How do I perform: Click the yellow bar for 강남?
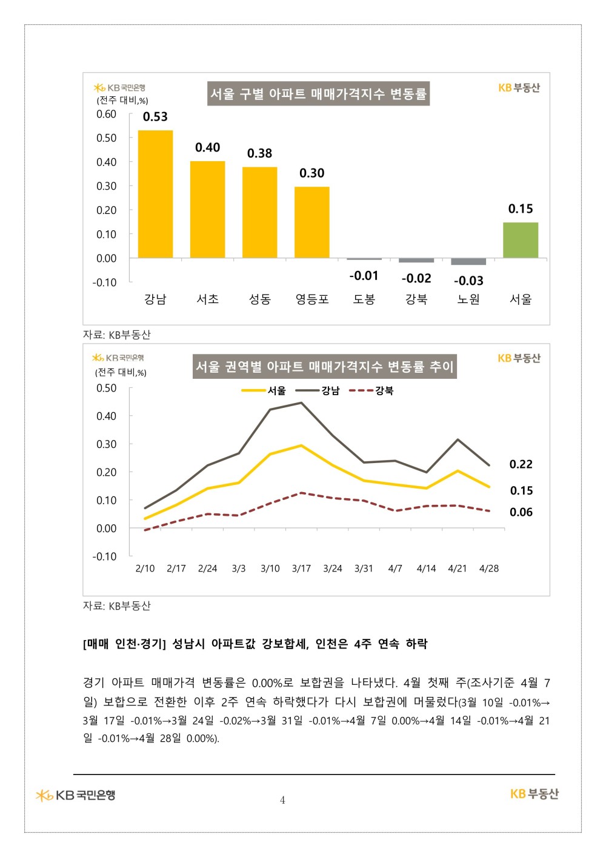click(155, 194)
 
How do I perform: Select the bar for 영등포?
click(311, 222)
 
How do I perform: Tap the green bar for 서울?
click(520, 240)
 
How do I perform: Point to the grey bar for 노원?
click(468, 261)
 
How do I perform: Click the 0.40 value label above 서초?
click(207, 147)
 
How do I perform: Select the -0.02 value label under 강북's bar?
click(416, 278)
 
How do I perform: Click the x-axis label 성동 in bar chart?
click(259, 299)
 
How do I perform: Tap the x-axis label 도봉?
click(364, 299)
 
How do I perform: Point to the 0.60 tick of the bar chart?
click(106, 114)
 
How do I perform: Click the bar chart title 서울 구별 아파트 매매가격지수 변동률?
click(318, 93)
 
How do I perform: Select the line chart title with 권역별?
click(324, 366)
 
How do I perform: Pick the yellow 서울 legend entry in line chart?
click(264, 391)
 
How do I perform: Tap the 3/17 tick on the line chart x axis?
click(301, 569)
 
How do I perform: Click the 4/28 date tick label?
click(488, 569)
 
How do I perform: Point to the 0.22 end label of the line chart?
click(521, 464)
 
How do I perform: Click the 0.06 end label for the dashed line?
click(521, 512)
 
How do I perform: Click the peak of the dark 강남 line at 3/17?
click(301, 402)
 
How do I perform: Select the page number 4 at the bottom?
click(282, 800)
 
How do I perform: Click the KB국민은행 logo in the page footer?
click(76, 795)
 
